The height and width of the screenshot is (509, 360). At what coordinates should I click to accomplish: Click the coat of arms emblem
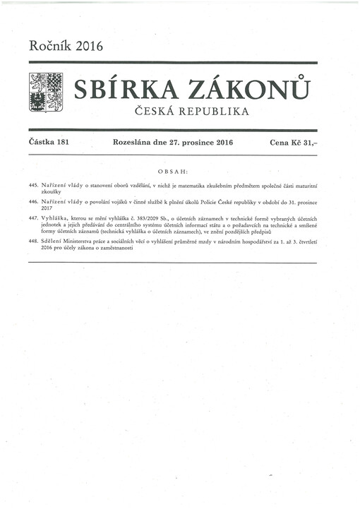(x=45, y=92)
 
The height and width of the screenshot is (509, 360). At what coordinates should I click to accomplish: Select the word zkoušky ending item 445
(x=52, y=192)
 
